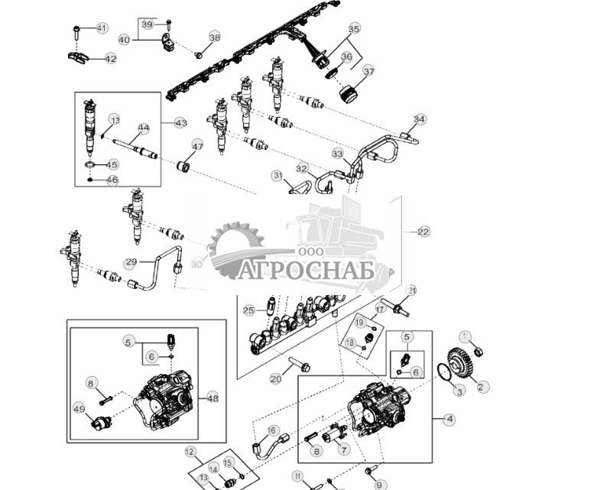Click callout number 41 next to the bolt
click(102, 28)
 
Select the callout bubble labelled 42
click(111, 59)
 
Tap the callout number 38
click(214, 37)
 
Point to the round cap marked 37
click(350, 94)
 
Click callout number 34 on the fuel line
click(419, 119)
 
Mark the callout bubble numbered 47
click(197, 145)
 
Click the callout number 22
click(423, 232)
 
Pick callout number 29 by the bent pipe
click(131, 262)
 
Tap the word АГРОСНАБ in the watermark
click(306, 271)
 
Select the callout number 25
click(248, 310)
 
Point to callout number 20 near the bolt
click(275, 378)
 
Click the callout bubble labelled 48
click(213, 398)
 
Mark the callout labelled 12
click(190, 452)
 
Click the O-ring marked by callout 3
click(440, 374)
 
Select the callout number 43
click(180, 122)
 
